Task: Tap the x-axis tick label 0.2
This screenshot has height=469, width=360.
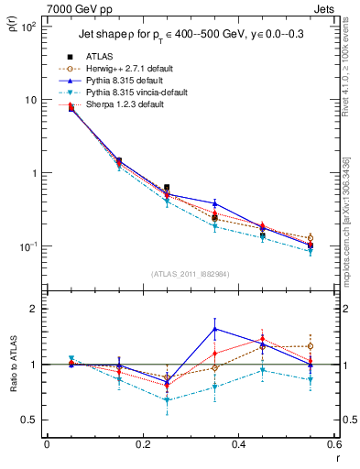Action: point(142,444)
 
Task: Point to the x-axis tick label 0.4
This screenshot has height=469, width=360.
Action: point(238,444)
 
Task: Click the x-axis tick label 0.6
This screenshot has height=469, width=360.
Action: point(333,444)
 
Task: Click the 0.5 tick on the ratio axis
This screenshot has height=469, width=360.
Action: point(29,420)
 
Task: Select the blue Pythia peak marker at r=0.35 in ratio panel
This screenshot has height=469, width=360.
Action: point(214,329)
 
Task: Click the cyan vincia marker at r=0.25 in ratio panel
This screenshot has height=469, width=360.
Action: point(167,400)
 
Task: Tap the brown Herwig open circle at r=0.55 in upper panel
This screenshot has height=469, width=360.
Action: point(311,238)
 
